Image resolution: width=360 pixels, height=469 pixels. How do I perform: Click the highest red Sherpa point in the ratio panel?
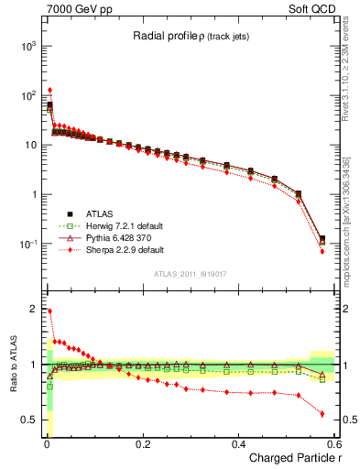coord(49,311)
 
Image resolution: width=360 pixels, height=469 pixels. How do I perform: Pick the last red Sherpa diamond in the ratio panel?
coord(322,413)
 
